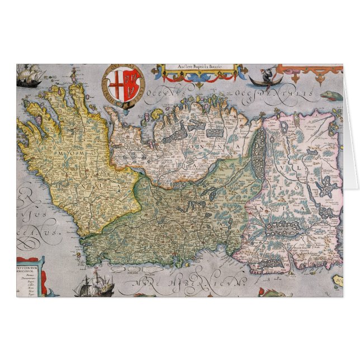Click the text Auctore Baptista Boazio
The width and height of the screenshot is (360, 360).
point(200,67)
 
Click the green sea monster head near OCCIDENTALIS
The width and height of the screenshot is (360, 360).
point(329,95)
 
